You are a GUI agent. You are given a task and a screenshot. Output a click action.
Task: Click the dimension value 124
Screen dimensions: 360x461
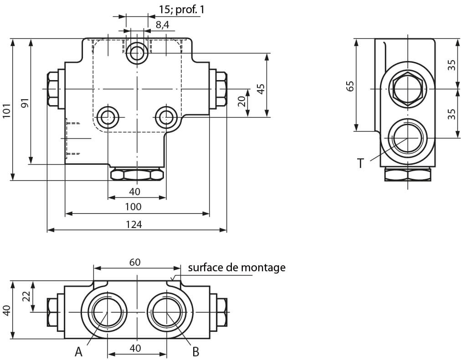coord(135,224)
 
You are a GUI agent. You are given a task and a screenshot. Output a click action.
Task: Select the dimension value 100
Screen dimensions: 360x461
coord(133,207)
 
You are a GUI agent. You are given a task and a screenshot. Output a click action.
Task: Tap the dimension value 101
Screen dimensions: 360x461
coord(6,111)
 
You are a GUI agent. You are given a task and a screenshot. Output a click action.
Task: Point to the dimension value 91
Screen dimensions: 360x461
coord(25,103)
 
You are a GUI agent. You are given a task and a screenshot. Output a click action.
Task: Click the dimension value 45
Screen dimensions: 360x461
coord(261,88)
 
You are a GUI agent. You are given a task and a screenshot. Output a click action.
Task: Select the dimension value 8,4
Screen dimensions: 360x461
coord(162,25)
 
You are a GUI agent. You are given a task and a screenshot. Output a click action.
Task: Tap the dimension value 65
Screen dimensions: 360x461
coord(350,86)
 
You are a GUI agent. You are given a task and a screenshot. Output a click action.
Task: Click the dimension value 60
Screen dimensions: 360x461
coord(135,262)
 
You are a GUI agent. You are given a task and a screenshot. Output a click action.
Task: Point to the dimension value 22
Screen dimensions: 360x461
coord(26,296)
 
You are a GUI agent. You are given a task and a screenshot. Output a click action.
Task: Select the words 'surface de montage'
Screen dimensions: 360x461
coord(236,267)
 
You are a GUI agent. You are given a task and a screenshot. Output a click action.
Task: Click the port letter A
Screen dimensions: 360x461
coord(78,351)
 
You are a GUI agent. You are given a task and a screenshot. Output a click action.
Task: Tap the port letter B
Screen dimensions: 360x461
coord(195,351)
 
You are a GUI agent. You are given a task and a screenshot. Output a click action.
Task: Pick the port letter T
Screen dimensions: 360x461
coord(360,163)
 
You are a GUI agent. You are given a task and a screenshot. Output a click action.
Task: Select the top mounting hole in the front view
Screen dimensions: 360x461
coord(136,54)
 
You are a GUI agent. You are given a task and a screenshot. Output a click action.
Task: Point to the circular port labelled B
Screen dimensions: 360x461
coord(167,313)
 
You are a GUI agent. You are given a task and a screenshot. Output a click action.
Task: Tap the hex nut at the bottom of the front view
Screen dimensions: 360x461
coord(137,175)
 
